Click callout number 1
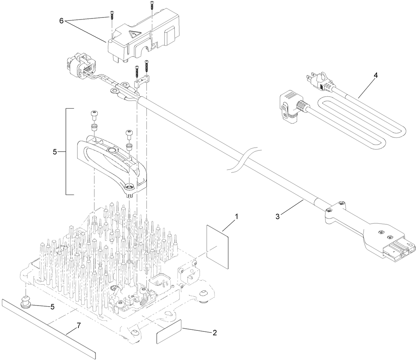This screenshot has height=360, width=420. pyautogui.click(x=236, y=217)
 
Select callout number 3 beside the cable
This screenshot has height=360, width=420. pyautogui.click(x=278, y=216)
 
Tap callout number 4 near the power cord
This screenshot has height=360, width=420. pyautogui.click(x=376, y=75)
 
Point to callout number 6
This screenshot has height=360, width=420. pyautogui.click(x=61, y=21)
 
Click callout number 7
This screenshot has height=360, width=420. pyautogui.click(x=79, y=325)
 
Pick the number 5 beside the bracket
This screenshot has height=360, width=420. pyautogui.click(x=55, y=152)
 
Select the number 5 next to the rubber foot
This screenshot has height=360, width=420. pyautogui.click(x=52, y=307)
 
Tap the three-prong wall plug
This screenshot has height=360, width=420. pyautogui.click(x=318, y=81)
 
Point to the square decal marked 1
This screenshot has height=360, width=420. pyautogui.click(x=217, y=247)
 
